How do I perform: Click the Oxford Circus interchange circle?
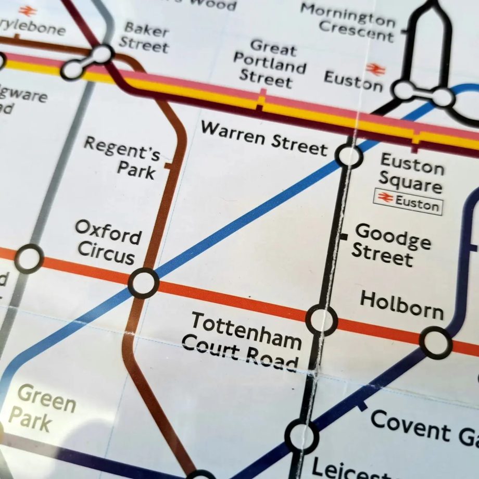pyautogui.click(x=143, y=283)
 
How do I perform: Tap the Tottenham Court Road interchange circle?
pyautogui.click(x=321, y=320)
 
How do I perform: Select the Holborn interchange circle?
pyautogui.click(x=435, y=343)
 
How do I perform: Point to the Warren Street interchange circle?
pyautogui.click(x=349, y=155)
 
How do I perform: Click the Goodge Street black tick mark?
pyautogui.click(x=343, y=237)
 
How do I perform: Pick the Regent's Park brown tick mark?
pyautogui.click(x=168, y=166)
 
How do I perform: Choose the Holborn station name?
pyautogui.click(x=401, y=305)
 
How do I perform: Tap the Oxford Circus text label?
pyautogui.click(x=107, y=242)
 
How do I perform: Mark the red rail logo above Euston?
pyautogui.click(x=374, y=68)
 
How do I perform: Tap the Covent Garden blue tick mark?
pyautogui.click(x=362, y=405)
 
